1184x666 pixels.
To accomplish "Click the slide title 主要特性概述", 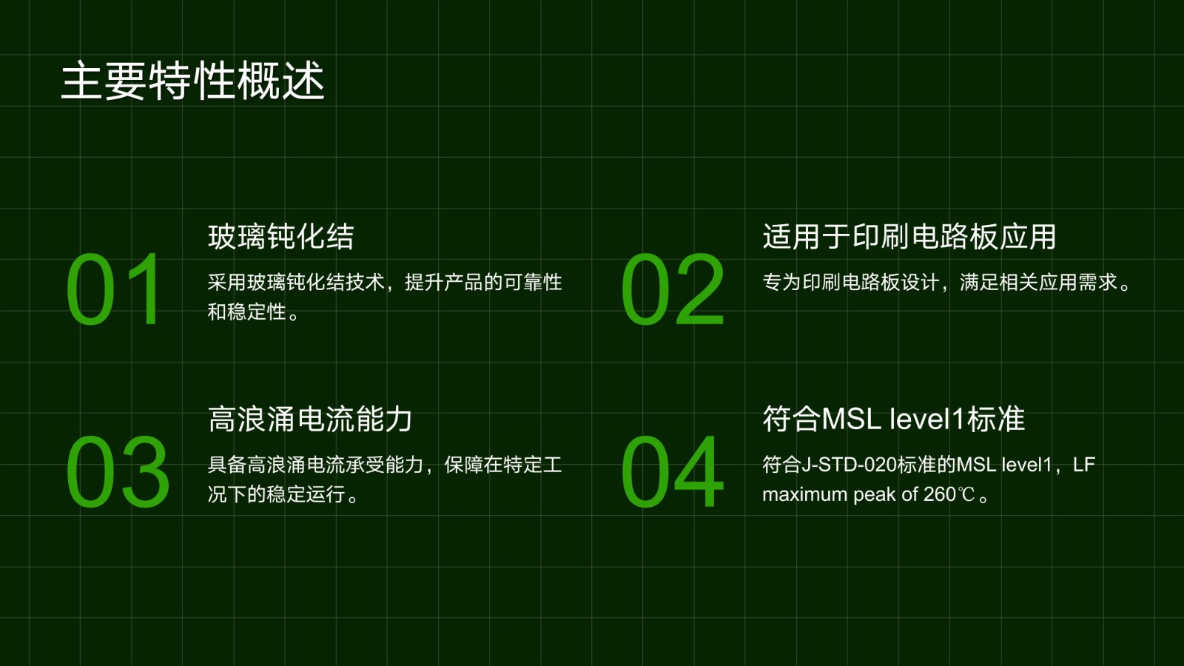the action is click(193, 81).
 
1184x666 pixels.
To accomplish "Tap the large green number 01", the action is click(112, 289).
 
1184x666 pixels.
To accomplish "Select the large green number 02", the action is click(673, 289).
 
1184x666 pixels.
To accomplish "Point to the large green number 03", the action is click(118, 472).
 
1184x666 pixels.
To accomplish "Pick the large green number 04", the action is click(673, 472).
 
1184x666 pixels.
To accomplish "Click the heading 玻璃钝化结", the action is click(280, 236).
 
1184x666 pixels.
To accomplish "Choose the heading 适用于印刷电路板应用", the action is click(909, 236).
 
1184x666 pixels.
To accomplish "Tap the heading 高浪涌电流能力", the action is click(310, 419).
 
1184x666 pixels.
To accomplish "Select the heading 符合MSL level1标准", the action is click(893, 419).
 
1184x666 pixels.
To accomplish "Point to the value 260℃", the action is click(949, 495).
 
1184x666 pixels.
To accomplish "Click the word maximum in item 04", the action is click(804, 495).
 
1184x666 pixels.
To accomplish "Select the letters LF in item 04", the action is click(1084, 465).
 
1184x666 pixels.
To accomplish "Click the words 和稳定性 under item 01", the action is click(247, 312).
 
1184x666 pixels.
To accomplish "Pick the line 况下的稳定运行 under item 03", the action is click(277, 495).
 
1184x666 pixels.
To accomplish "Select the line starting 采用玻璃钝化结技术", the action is click(385, 282).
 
